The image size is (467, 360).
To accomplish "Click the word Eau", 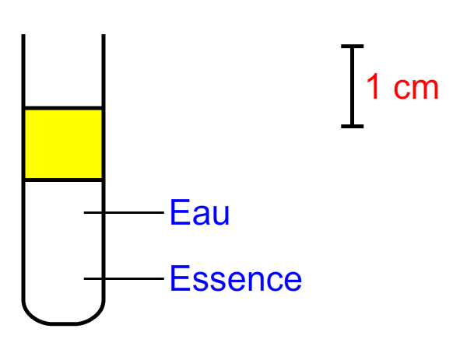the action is tap(199, 212).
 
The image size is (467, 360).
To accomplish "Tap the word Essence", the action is tap(236, 278).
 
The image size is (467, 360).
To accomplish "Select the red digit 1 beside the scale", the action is tap(373, 86).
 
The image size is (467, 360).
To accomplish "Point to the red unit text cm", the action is tap(416, 89).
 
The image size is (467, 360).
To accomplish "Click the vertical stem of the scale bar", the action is tap(353, 86).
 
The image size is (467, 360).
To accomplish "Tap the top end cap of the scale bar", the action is tap(353, 46).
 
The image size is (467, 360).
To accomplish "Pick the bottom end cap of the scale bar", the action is tap(353, 127).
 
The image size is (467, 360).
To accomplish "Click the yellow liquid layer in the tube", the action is tap(64, 144).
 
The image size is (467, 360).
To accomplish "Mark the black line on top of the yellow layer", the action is tap(64, 108).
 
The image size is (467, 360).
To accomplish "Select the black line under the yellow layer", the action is tap(64, 180).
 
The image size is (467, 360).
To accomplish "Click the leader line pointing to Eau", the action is tap(124, 212).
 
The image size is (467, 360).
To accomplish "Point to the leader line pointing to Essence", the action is tap(124, 278).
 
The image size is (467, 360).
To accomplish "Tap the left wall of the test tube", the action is tap(23, 166).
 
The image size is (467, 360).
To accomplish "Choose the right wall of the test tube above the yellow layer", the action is tap(104, 70).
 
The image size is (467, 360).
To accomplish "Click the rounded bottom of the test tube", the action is tap(64, 323).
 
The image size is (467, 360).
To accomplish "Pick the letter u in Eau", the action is tap(221, 215).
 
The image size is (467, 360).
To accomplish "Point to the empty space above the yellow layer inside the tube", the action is tap(64, 70).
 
